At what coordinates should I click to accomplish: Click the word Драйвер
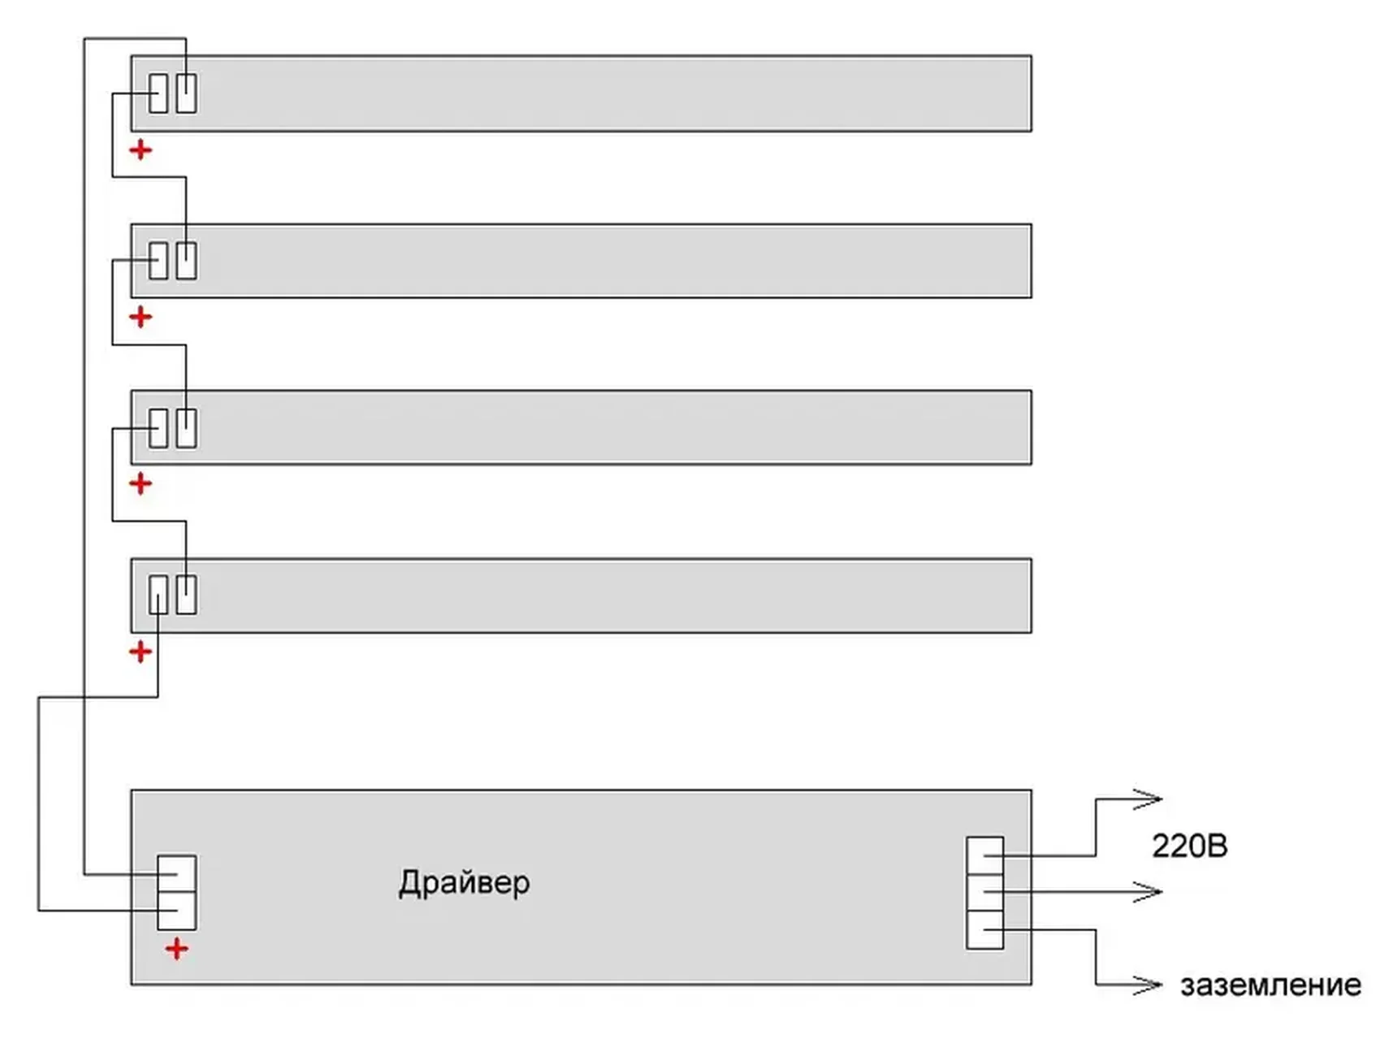click(464, 883)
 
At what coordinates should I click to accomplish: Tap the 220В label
click(1189, 846)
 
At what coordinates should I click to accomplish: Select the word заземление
click(1270, 985)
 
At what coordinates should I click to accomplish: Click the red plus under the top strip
click(141, 150)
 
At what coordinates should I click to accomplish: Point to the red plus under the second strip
click(141, 317)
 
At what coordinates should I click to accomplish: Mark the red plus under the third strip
click(141, 484)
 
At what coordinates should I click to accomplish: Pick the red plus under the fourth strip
click(141, 652)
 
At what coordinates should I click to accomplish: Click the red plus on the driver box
click(176, 949)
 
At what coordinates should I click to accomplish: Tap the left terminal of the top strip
click(158, 93)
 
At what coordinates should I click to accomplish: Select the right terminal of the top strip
click(187, 93)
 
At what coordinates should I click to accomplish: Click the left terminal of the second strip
click(158, 261)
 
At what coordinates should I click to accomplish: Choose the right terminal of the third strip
click(187, 428)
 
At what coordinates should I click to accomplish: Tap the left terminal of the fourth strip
click(158, 595)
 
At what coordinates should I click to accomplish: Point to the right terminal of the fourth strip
click(187, 595)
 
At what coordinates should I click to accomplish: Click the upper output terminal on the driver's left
click(176, 874)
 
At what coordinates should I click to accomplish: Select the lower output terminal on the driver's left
click(176, 910)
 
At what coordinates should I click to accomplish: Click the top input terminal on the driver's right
click(984, 855)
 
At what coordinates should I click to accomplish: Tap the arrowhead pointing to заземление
click(1148, 985)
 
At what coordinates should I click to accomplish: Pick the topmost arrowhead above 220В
click(1148, 799)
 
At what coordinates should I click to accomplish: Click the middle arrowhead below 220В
click(1148, 892)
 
